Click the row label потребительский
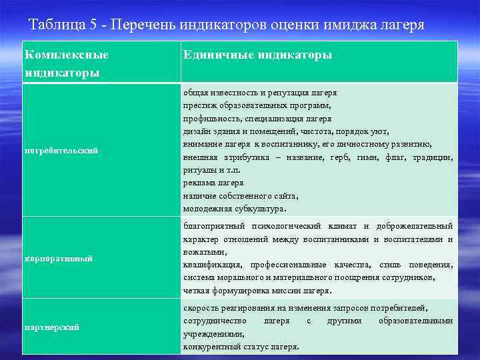[61, 151]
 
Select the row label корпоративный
[59, 258]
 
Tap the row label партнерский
[52, 327]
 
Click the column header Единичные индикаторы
[257, 55]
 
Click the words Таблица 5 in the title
[63, 25]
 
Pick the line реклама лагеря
[213, 183]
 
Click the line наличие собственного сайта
[241, 195]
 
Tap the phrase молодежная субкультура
[235, 209]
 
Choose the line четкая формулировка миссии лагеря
[257, 291]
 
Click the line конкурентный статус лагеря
[241, 347]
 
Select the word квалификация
[211, 265]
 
